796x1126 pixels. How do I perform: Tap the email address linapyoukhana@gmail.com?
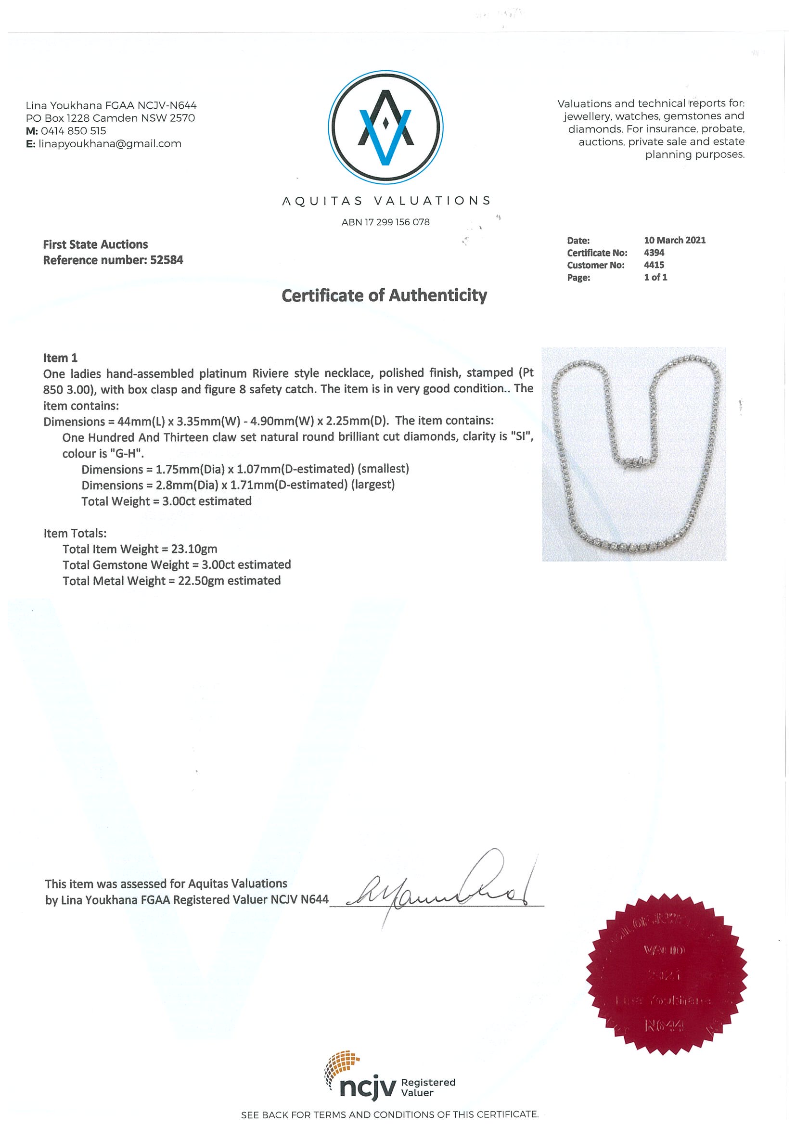pos(110,144)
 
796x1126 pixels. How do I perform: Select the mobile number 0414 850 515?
pos(74,131)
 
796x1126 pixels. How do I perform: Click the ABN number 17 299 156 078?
pos(397,222)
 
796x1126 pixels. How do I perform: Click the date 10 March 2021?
pos(674,240)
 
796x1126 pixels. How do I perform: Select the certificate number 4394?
pos(654,253)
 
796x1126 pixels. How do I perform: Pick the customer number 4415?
pos(654,265)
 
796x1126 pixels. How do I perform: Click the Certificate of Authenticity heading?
pos(384,295)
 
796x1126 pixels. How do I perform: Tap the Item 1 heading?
pos(60,358)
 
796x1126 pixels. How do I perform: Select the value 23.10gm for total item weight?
pos(194,549)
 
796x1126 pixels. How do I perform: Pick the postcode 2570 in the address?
pos(182,118)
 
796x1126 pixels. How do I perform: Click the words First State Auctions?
pos(95,244)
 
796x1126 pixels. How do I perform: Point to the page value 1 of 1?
pos(655,277)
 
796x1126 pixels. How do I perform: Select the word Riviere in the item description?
pos(271,373)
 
